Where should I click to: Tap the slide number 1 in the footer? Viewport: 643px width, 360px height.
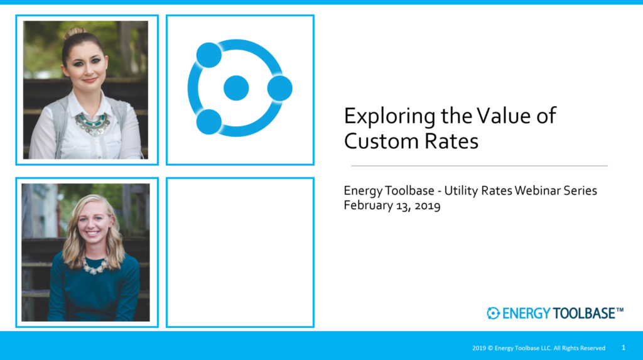point(624,347)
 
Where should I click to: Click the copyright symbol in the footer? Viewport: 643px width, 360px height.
point(490,348)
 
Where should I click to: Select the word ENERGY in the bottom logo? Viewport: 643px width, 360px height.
point(526,314)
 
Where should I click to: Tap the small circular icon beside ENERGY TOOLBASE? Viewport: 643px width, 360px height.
point(493,314)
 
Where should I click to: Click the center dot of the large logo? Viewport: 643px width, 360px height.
point(236,88)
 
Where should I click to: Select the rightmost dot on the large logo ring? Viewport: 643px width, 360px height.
point(279,88)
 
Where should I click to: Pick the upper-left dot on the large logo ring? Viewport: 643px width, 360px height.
point(209,55)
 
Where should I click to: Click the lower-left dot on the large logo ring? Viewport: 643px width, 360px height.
point(209,122)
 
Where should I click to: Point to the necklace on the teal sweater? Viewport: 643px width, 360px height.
point(95,266)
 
